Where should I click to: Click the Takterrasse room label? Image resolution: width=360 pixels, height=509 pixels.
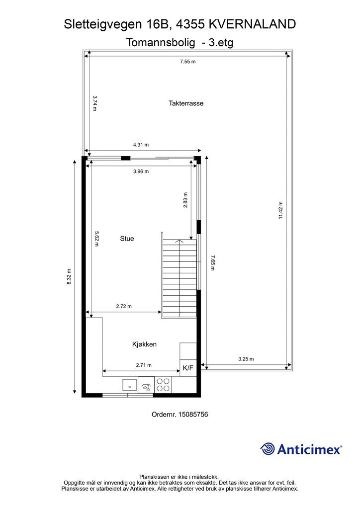[186, 103]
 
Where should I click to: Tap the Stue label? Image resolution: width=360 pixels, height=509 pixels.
[127, 239]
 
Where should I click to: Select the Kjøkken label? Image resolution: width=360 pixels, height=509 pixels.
[144, 344]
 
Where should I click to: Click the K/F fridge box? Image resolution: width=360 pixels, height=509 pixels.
[188, 368]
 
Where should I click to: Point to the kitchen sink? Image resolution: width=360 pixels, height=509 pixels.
[130, 385]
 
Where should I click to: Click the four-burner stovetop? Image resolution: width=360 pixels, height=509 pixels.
[163, 385]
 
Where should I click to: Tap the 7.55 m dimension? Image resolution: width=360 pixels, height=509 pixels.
[188, 61]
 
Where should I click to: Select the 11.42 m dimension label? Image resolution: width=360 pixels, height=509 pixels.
[280, 210]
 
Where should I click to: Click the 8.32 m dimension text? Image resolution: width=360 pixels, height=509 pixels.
[69, 277]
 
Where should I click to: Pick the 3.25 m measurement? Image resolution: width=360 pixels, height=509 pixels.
[246, 359]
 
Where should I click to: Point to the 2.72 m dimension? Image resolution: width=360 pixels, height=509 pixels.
[124, 306]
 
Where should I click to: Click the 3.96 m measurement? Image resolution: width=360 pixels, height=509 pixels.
[141, 171]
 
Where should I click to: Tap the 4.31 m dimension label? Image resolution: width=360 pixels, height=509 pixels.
[141, 145]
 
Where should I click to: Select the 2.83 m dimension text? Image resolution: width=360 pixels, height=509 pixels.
[185, 200]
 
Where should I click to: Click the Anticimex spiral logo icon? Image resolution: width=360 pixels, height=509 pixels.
[268, 449]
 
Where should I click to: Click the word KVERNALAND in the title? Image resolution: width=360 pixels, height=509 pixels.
[252, 24]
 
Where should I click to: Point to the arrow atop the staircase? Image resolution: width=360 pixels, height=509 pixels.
[178, 241]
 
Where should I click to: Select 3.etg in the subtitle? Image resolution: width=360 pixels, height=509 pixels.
[221, 43]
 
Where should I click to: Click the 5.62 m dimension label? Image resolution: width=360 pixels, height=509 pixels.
[96, 239]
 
